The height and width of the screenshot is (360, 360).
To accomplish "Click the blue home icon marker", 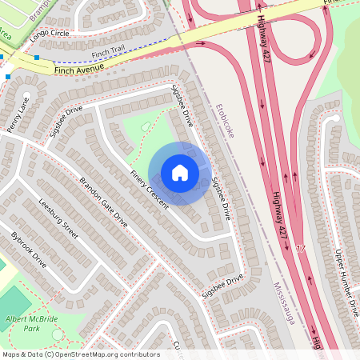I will pyautogui.click(x=180, y=173).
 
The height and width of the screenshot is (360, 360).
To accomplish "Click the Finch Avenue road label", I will pyautogui.click(x=80, y=71).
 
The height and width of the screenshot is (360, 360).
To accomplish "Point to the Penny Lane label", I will pyautogui.click(x=18, y=114).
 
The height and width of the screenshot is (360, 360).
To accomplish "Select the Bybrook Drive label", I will pyautogui.click(x=29, y=250).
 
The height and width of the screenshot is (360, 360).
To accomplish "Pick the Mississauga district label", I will pyautogui.click(x=282, y=303).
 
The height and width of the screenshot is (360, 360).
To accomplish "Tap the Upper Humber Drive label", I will pyautogui.click(x=345, y=282).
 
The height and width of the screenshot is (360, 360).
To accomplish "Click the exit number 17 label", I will pyautogui.click(x=301, y=250).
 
